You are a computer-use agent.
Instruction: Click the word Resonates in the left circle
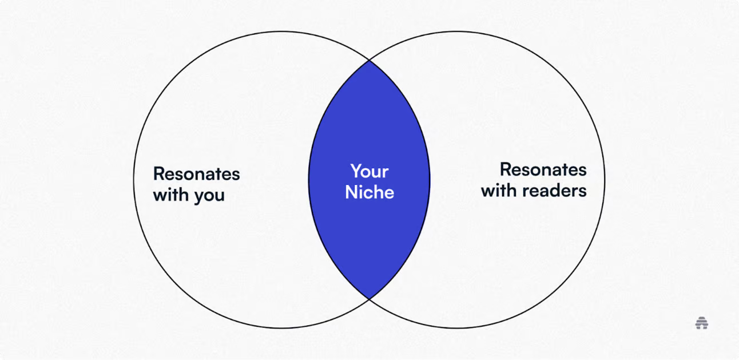(x=197, y=173)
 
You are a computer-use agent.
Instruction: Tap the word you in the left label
(x=209, y=196)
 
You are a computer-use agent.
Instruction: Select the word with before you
(x=171, y=195)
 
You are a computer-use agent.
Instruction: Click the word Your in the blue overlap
(x=370, y=171)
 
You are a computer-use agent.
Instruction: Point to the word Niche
(x=370, y=192)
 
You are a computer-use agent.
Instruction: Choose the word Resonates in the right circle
(x=543, y=169)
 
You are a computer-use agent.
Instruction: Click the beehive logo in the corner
(x=702, y=323)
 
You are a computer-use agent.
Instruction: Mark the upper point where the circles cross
(x=369, y=61)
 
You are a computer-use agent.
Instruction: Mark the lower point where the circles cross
(x=369, y=299)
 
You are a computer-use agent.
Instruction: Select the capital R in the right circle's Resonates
(x=506, y=169)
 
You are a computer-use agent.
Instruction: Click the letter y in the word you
(x=198, y=197)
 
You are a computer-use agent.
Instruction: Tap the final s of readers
(x=583, y=192)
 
